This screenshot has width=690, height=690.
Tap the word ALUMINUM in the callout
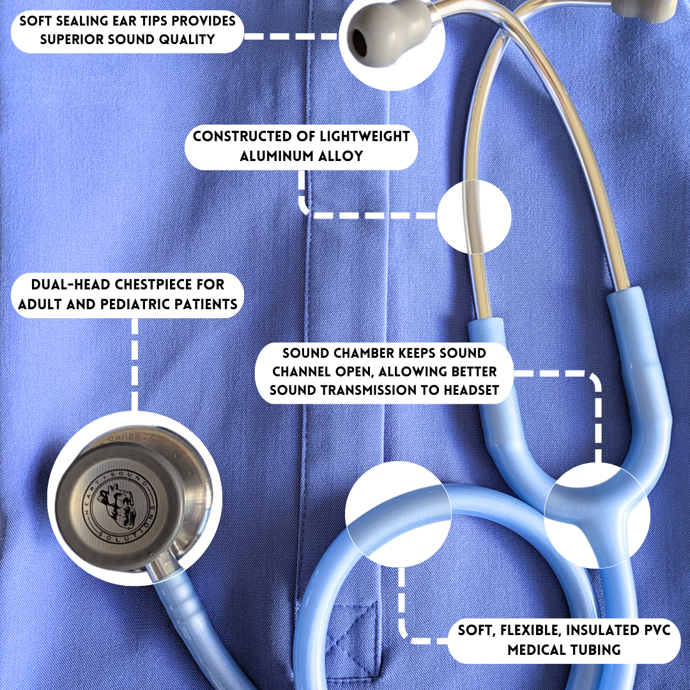(271, 156)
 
